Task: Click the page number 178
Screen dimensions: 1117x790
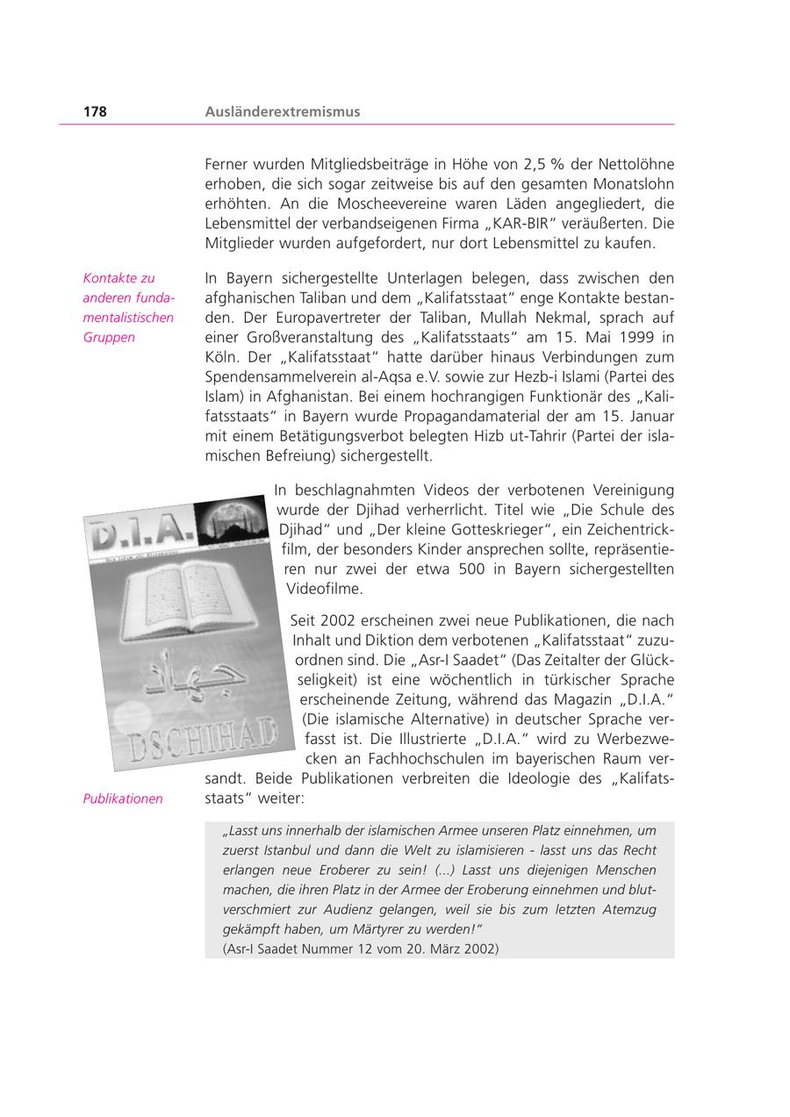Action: click(95, 111)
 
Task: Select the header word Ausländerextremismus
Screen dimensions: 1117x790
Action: click(282, 111)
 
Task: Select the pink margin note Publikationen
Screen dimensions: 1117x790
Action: click(123, 798)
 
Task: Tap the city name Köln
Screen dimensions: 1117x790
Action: click(220, 357)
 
